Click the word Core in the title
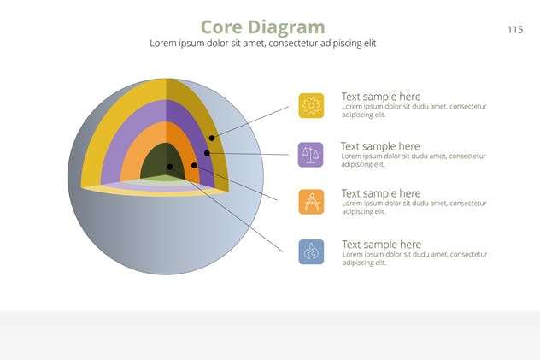click(x=221, y=27)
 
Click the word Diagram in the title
click(x=286, y=27)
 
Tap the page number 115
click(x=515, y=30)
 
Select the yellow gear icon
click(x=311, y=105)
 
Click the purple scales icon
click(x=311, y=155)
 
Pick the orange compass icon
click(x=311, y=202)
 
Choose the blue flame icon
click(x=311, y=251)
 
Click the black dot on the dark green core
click(x=170, y=167)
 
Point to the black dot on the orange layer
click(x=194, y=165)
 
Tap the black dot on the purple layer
click(x=207, y=153)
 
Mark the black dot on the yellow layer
click(x=212, y=138)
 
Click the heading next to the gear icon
click(x=381, y=97)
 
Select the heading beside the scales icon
click(x=380, y=146)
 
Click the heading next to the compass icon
click(x=381, y=193)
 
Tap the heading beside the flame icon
click(x=382, y=245)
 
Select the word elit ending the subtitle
click(x=370, y=44)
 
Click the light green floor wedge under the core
click(x=165, y=178)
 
